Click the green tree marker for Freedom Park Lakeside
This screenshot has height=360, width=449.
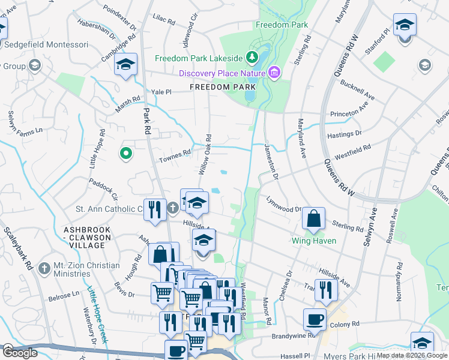(253, 58)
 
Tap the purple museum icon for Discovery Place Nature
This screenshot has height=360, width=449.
(275, 73)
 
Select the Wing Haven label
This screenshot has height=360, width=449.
(313, 241)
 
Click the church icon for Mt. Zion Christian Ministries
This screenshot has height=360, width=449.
(44, 268)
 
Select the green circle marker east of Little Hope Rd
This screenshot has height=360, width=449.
(125, 154)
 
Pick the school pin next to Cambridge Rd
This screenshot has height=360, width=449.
(125, 65)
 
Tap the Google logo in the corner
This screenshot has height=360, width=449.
(19, 352)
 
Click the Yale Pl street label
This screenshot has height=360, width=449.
(161, 92)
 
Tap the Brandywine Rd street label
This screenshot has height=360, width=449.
(294, 337)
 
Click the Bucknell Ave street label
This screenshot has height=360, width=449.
(357, 92)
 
